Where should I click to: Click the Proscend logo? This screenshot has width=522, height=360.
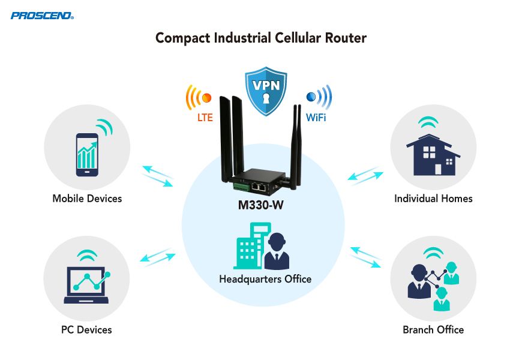point(42,14)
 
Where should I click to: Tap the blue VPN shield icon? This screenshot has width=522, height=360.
point(266,91)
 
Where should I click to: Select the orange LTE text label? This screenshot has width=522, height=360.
point(205,118)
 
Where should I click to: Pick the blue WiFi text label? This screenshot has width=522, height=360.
point(316,118)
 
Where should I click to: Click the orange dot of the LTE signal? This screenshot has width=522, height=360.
point(208,97)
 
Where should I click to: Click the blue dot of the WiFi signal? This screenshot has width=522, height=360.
point(311,97)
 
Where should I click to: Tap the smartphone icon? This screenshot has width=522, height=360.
point(87,154)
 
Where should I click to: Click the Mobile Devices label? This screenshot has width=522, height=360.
point(87,199)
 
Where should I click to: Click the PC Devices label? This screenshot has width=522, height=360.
point(86,329)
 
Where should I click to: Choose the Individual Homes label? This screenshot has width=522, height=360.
point(433,199)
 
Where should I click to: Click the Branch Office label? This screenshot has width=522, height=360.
point(433,329)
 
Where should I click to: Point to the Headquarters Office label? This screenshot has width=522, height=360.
point(265,279)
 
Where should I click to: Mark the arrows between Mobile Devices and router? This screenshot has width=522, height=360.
point(157,174)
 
